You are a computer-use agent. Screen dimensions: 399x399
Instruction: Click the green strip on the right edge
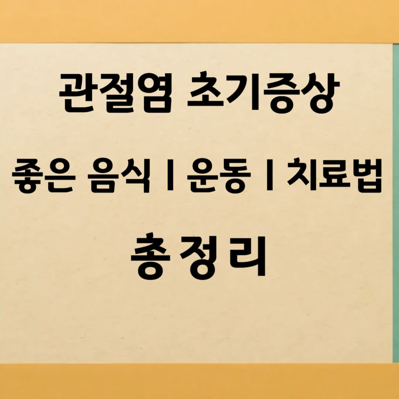click(x=396, y=203)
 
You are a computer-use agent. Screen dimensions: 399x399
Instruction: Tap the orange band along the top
click(x=199, y=20)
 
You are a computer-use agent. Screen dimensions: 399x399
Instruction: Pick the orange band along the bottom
click(x=199, y=381)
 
